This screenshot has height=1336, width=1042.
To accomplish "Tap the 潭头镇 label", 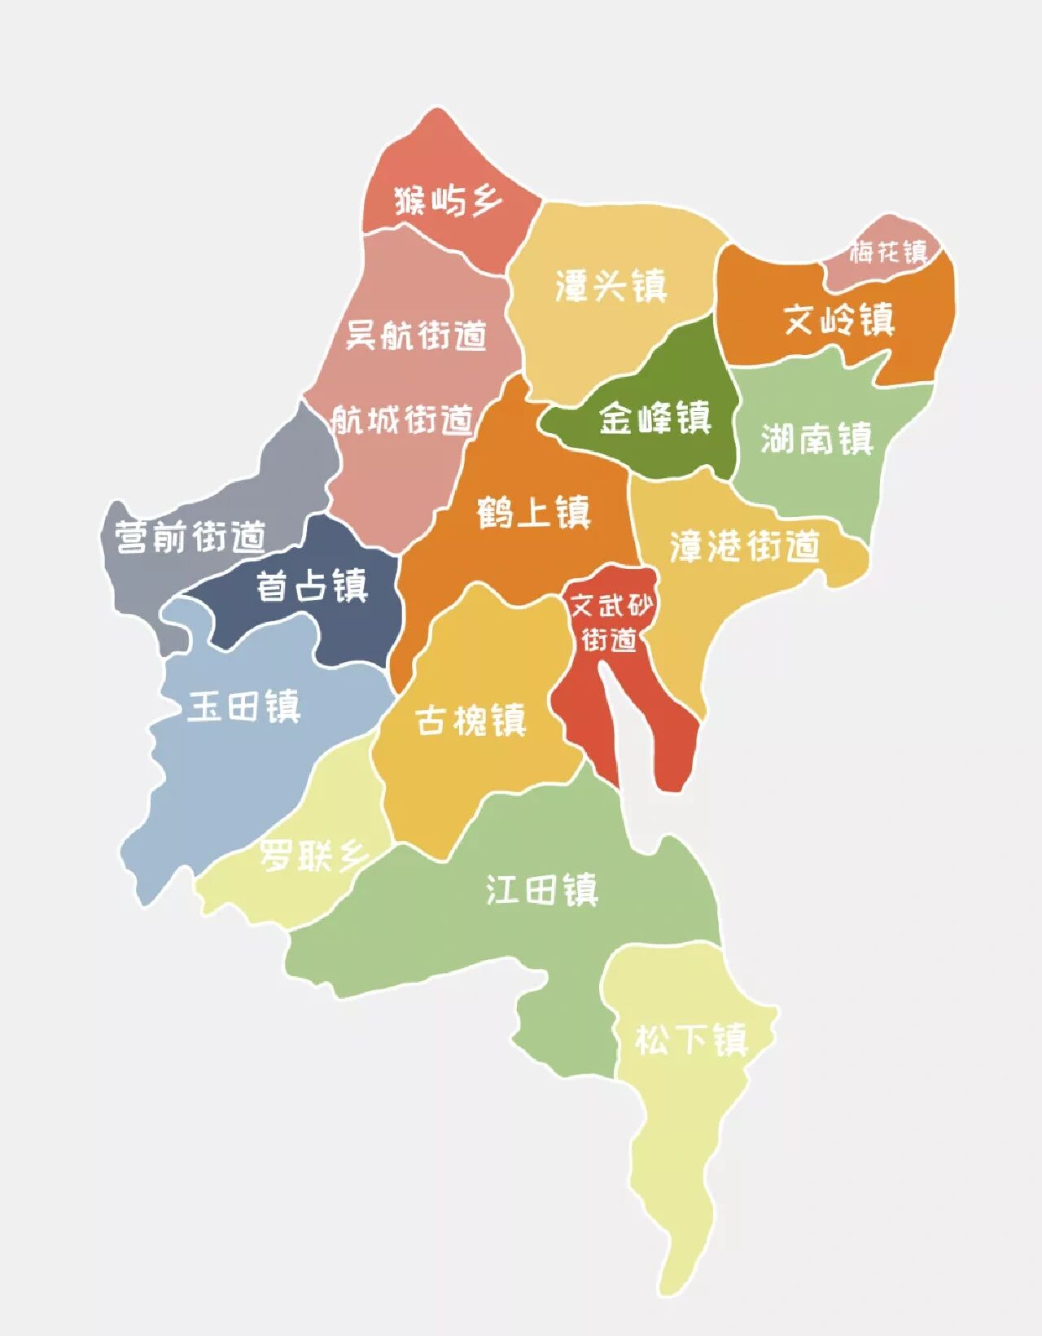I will [611, 286].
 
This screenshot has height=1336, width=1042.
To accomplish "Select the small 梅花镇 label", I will [889, 252].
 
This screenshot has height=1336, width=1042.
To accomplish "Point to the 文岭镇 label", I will [839, 320].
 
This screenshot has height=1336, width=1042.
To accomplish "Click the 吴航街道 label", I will [416, 335].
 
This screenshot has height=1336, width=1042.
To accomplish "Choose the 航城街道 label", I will [402, 420].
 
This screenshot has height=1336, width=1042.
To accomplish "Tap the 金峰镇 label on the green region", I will [655, 418].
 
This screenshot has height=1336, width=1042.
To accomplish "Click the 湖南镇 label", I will [817, 439].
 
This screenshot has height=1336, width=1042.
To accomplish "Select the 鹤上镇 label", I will [533, 513].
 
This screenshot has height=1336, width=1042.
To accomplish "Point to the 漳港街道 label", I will [744, 546].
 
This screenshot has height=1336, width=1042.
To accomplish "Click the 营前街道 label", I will [190, 537].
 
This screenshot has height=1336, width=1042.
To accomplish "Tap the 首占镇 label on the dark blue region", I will [312, 586].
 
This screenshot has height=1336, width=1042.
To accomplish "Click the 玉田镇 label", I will [244, 706].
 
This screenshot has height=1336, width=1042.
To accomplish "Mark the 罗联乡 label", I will [314, 856].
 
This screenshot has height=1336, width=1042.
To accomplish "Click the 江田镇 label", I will [542, 890].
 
